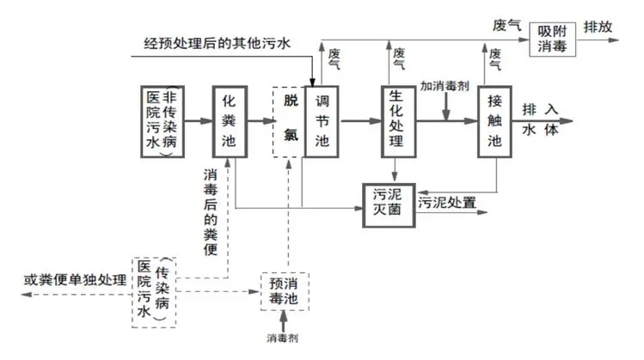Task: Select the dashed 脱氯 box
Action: tap(289, 121)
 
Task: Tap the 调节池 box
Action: tap(322, 121)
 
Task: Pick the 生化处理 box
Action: tap(396, 121)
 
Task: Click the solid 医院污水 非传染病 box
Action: tap(164, 121)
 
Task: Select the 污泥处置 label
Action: tap(447, 204)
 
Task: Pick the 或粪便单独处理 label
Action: tap(75, 280)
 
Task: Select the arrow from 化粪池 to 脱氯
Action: tap(260, 121)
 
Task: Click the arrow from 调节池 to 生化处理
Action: tap(360, 121)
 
